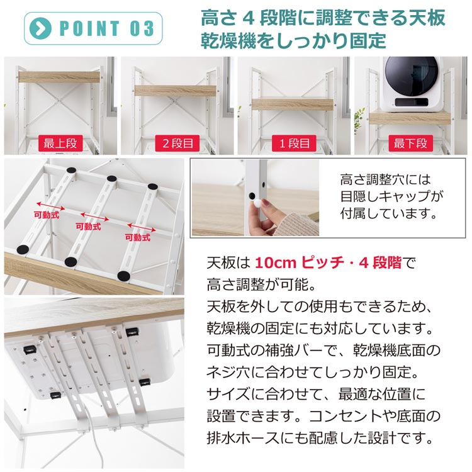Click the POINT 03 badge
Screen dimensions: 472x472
click(93, 28)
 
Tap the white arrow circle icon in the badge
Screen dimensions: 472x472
click(42, 28)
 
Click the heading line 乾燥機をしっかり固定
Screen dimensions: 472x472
click(293, 41)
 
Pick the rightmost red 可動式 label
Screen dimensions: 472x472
click(137, 237)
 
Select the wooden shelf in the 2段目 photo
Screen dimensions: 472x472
click(176, 91)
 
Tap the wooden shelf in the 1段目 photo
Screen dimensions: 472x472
click(293, 103)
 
